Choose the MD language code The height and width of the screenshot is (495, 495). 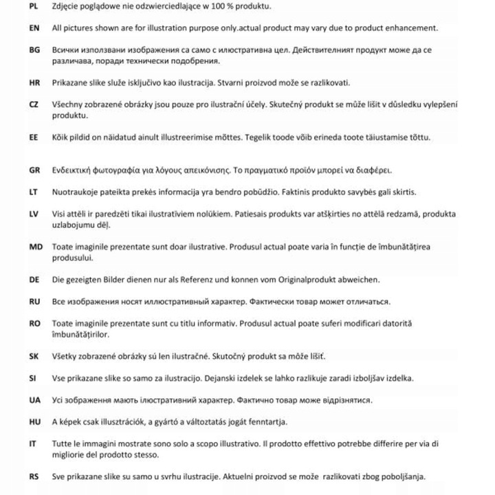[35, 246]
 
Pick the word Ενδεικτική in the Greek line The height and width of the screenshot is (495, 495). [74, 170]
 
